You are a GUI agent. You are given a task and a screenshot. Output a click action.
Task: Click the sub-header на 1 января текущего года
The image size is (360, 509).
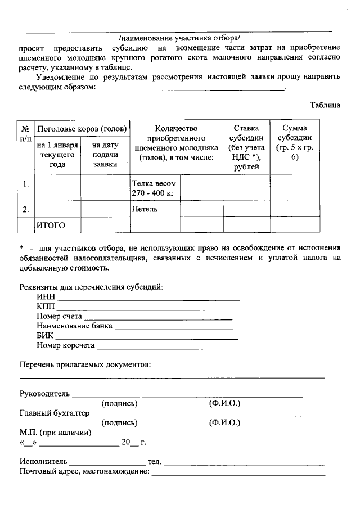58,155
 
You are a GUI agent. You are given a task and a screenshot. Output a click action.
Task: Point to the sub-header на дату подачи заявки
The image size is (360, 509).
105,155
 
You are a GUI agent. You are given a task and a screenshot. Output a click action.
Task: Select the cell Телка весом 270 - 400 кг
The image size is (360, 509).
154,188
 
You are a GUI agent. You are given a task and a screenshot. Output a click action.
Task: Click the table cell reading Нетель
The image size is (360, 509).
145,209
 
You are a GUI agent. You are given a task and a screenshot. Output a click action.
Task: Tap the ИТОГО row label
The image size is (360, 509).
51,226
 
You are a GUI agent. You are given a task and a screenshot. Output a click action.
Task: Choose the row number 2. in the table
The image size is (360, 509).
26,209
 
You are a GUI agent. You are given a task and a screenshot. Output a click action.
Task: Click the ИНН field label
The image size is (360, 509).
46,298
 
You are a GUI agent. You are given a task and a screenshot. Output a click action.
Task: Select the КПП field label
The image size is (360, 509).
46,307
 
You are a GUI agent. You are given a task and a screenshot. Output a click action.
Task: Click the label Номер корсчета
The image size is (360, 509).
66,345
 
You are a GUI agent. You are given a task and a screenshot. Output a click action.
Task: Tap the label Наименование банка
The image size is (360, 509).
74,326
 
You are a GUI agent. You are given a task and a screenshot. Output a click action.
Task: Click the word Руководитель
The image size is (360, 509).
44,393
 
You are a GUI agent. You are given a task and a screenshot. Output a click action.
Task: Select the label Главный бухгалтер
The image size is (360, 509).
55,413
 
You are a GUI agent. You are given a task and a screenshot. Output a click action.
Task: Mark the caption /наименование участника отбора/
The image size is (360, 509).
179,38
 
